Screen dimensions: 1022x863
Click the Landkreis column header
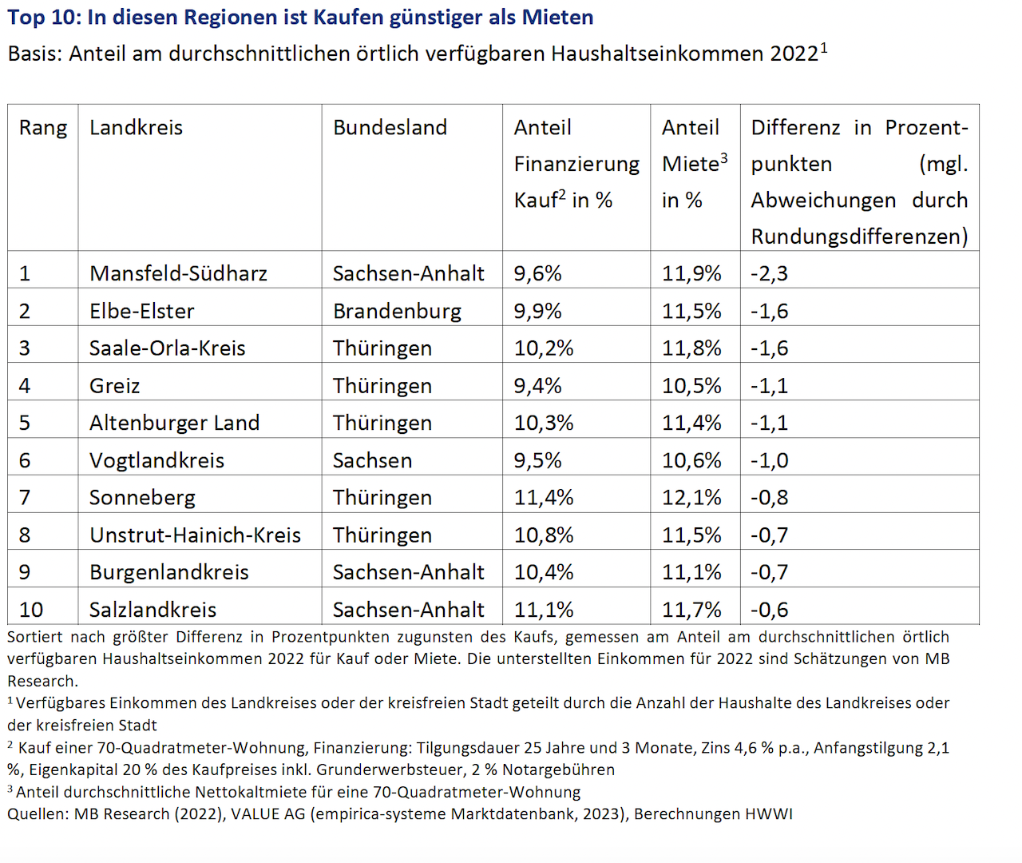(136, 128)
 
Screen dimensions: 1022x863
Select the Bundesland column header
(390, 128)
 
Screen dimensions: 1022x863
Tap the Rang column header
(43, 129)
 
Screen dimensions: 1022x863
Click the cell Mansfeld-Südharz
(178, 273)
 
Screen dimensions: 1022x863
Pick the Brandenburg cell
(397, 312)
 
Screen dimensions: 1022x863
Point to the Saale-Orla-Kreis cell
(168, 348)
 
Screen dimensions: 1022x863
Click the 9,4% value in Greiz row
(537, 386)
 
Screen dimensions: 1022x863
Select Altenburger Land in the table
(174, 424)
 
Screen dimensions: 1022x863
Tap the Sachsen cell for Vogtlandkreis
(373, 461)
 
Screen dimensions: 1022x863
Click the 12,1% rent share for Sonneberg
(691, 498)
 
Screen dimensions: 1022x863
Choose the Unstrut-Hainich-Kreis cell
(196, 535)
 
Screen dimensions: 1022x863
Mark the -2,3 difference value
(770, 274)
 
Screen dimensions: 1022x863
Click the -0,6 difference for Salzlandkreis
(770, 610)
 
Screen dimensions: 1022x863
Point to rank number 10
(31, 610)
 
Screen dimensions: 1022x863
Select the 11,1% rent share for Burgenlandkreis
(691, 573)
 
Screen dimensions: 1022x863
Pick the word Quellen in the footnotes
(38, 814)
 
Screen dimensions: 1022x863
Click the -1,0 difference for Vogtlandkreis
(770, 461)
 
